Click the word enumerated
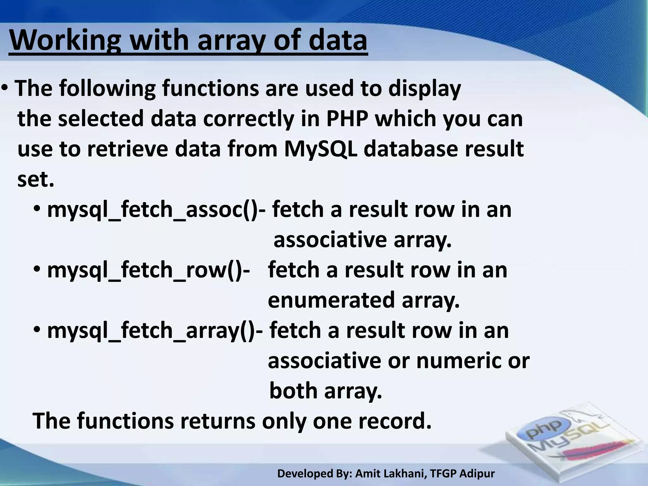click(x=331, y=300)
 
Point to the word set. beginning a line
click(x=36, y=179)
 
